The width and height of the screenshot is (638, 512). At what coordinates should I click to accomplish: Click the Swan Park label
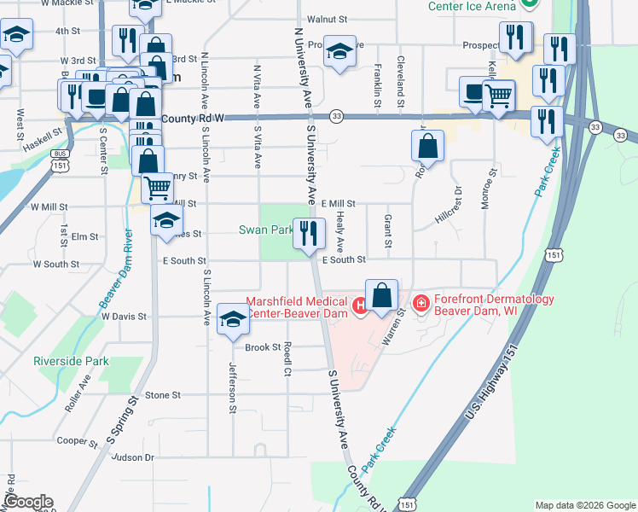pyautogui.click(x=266, y=230)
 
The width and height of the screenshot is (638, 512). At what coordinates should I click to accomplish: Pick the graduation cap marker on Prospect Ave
pyautogui.click(x=339, y=53)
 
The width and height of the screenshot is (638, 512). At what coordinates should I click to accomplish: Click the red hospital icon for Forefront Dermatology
pyautogui.click(x=420, y=303)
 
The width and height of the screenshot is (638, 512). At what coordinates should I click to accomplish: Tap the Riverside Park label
pyautogui.click(x=71, y=361)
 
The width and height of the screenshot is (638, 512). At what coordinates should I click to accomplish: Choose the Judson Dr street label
pyautogui.click(x=132, y=457)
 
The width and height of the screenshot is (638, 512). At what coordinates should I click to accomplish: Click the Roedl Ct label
pyautogui.click(x=288, y=359)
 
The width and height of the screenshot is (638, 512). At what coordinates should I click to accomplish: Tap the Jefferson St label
pyautogui.click(x=232, y=387)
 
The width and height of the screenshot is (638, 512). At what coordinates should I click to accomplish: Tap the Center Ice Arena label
pyautogui.click(x=472, y=4)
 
